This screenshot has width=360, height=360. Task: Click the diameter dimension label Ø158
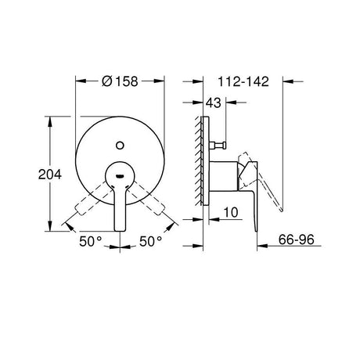[x=120, y=81]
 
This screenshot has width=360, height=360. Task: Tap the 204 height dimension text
[x=50, y=175]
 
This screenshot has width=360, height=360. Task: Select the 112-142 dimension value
[x=243, y=81]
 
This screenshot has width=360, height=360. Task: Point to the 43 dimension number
[x=213, y=103]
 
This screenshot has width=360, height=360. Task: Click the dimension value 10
[x=231, y=212]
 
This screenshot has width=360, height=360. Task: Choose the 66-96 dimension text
[x=296, y=239]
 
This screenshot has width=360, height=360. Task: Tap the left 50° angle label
[x=90, y=241]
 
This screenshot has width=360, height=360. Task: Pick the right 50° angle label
[x=150, y=241]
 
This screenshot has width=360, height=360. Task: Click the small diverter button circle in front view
[x=120, y=146]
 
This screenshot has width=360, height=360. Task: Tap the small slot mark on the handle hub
[x=120, y=175]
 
